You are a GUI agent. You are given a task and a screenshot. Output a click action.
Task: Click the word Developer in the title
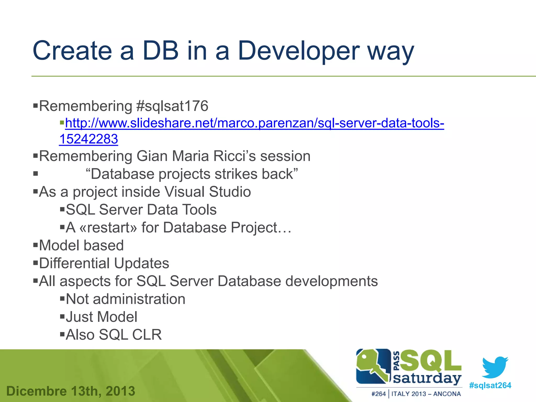[298, 51]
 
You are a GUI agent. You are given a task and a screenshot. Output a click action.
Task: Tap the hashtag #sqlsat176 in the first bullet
[172, 106]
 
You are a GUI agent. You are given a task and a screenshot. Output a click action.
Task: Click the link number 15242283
[89, 139]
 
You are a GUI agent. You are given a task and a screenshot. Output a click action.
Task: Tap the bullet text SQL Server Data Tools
[141, 210]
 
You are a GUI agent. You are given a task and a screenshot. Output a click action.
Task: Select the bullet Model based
[81, 245]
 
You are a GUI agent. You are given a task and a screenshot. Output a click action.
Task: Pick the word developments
[331, 281]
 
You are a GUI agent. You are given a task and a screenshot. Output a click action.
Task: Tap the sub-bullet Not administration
[125, 299]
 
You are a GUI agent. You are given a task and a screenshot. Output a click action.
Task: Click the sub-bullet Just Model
[101, 317]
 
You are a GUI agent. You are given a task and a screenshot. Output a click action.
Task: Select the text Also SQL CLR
[114, 335]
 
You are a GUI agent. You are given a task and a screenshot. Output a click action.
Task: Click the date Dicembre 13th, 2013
[71, 391]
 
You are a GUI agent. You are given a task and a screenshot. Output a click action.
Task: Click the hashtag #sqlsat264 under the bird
[490, 385]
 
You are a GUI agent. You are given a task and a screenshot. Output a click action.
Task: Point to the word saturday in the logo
[427, 378]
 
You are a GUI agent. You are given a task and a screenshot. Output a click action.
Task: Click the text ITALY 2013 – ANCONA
[426, 394]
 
